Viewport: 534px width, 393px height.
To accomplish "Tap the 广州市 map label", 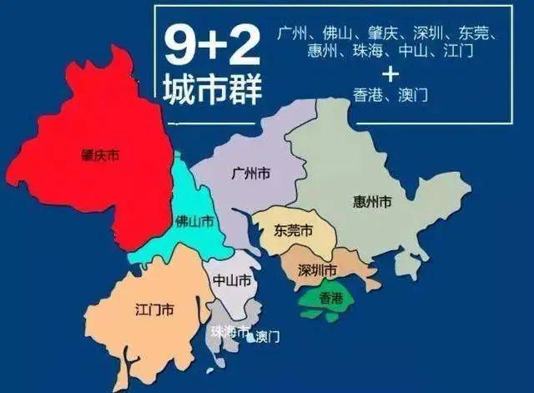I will click(x=250, y=174).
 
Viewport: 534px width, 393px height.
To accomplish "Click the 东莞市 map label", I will click(x=294, y=231).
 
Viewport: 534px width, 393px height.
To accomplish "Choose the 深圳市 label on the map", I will click(x=317, y=270).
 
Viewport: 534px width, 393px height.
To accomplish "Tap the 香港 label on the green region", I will click(x=325, y=297).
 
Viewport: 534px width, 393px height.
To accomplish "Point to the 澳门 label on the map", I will click(x=267, y=337).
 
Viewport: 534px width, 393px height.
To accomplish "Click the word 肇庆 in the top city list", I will click(x=386, y=36).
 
